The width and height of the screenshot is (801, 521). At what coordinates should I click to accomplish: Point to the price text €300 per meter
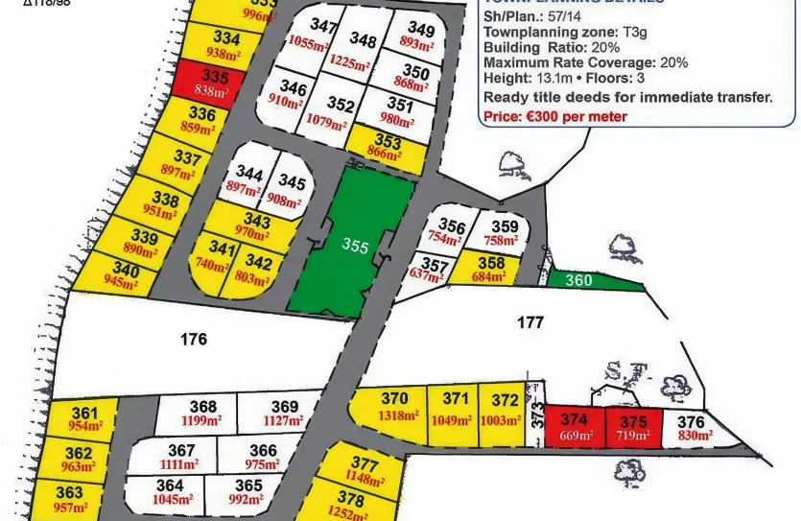click(x=555, y=116)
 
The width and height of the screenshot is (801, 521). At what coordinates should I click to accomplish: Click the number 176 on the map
click(x=194, y=339)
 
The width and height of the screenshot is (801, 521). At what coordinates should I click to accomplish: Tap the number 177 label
click(x=530, y=323)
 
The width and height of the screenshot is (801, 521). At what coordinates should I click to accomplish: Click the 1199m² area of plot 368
click(x=201, y=419)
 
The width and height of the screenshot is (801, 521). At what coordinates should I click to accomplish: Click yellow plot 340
click(x=124, y=276)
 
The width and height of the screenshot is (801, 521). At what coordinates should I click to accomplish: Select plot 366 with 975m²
click(x=262, y=457)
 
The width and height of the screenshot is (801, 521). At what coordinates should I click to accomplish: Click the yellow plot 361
click(x=84, y=419)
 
